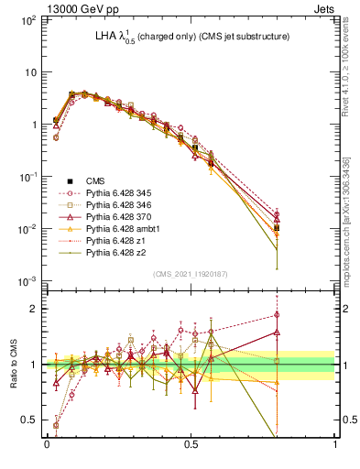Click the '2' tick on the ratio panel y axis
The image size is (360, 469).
coord(36,309)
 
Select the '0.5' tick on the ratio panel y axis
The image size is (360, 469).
coord(32,420)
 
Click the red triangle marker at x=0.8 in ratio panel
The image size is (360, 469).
coord(277,333)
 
